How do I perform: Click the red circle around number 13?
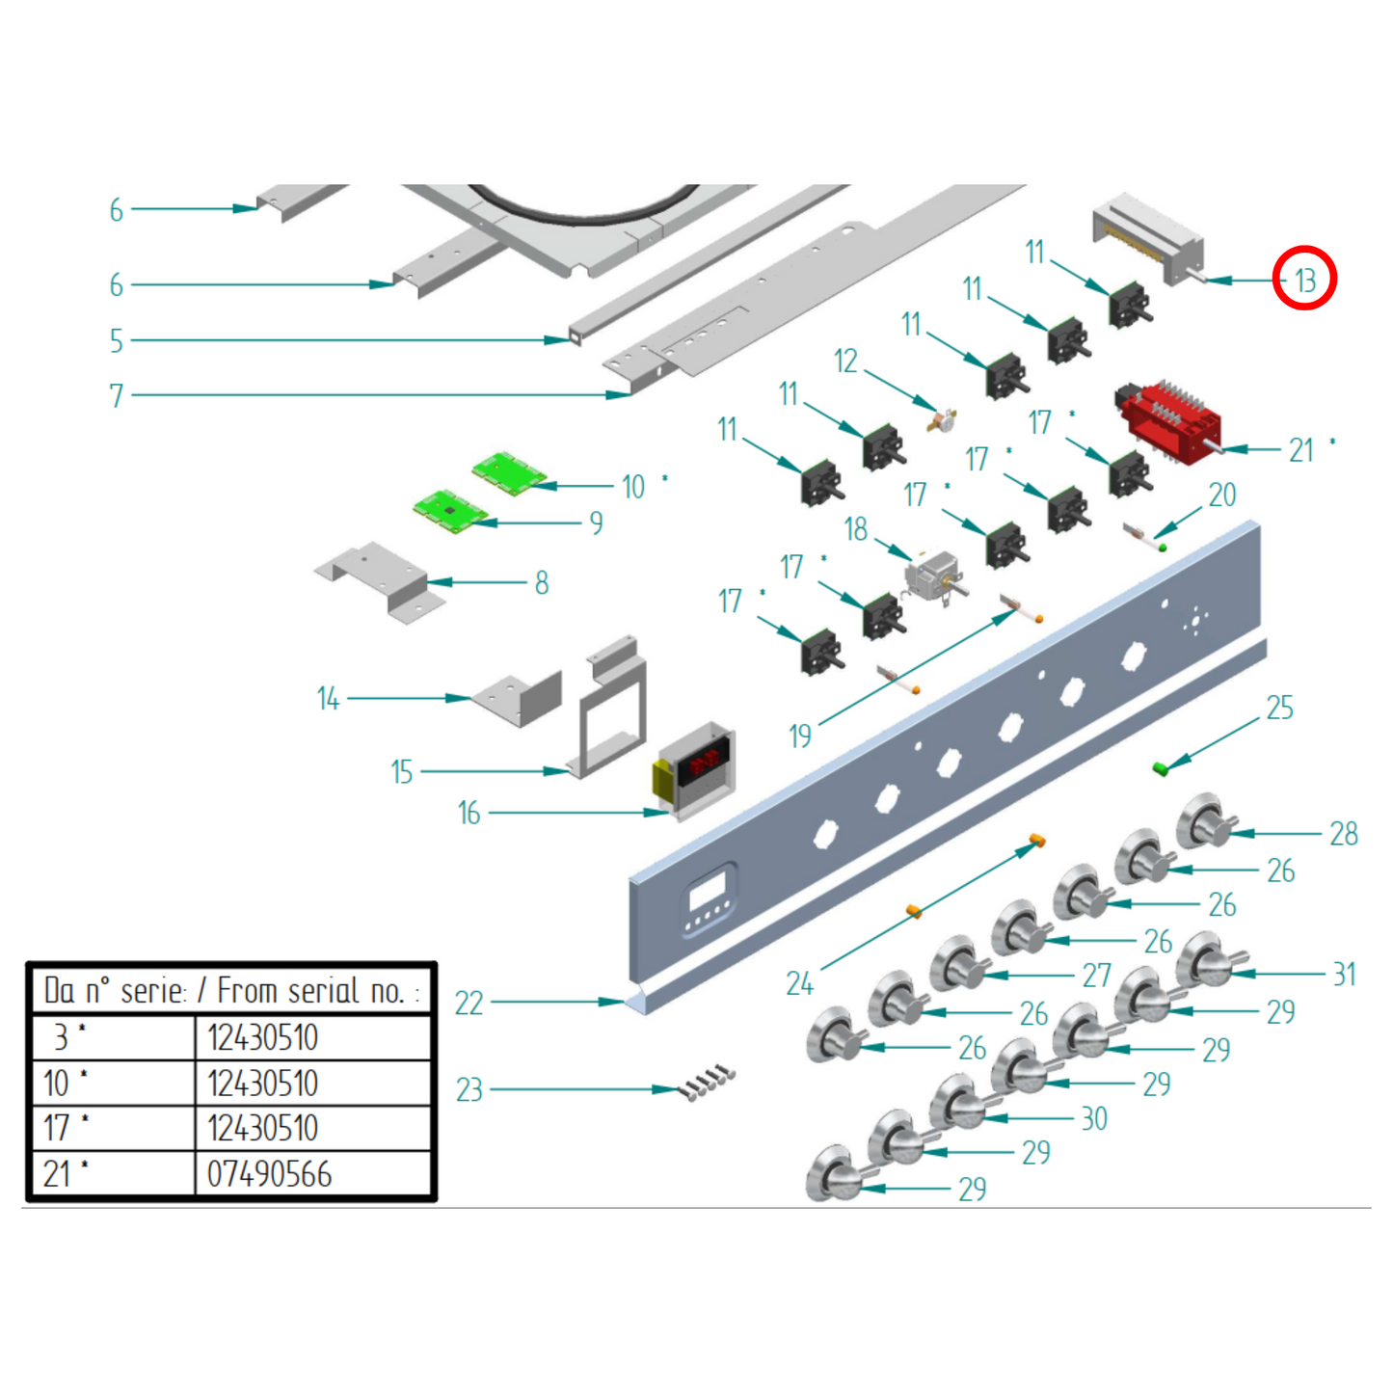1304,279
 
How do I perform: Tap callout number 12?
845,362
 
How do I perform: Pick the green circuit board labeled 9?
450,509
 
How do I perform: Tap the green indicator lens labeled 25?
1161,767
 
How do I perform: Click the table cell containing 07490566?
312,1174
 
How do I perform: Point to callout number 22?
469,1004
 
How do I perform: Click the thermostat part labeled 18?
932,576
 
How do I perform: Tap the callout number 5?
117,340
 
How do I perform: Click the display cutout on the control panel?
709,892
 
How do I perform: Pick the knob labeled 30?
960,1102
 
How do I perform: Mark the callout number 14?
329,698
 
